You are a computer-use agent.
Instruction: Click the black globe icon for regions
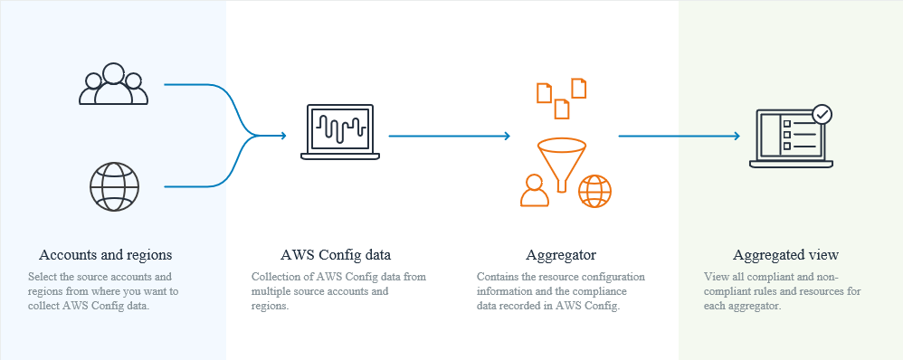113,185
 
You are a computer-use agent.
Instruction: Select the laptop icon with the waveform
339,132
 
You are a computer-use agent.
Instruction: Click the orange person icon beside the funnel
534,191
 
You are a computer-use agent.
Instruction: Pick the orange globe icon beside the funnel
594,191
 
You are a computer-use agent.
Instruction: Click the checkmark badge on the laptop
822,115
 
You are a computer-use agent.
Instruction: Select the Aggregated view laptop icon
791,137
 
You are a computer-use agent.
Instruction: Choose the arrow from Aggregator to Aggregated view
679,136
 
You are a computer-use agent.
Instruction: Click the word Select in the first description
43,276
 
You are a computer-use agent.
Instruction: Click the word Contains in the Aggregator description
498,276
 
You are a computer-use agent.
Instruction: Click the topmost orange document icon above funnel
578,87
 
